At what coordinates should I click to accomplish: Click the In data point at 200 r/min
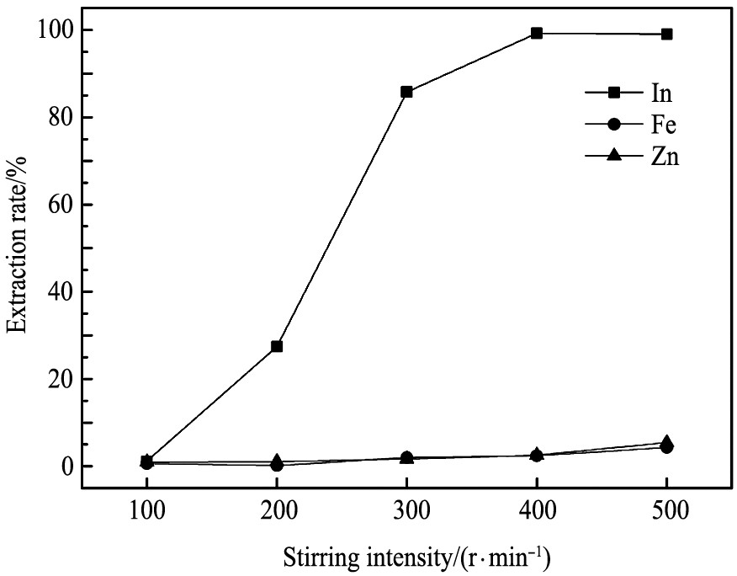pos(277,346)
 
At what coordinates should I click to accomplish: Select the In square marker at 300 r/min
pos(407,92)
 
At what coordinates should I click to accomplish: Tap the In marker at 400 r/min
pos(537,34)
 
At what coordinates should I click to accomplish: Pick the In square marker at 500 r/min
pos(667,35)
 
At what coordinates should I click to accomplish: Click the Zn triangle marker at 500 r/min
pos(667,441)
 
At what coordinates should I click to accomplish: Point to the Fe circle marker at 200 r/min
pos(277,465)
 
